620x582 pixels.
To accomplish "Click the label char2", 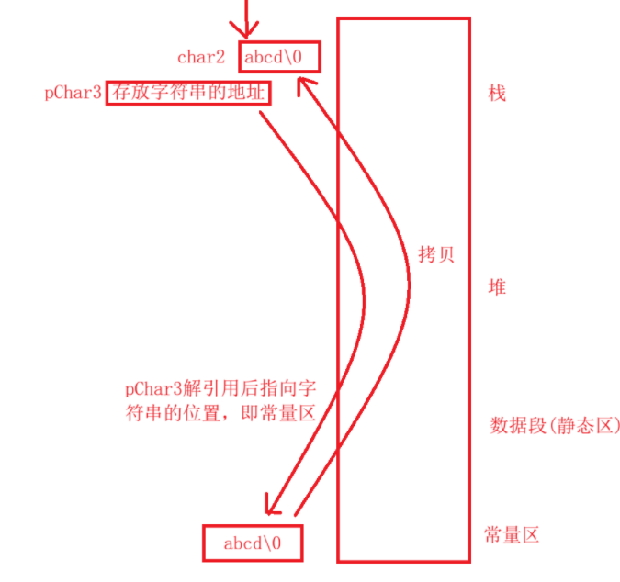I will point(200,57).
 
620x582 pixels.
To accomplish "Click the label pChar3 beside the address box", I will point(73,95).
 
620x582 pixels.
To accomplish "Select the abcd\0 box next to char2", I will point(280,56).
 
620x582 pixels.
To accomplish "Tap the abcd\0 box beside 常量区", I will point(252,543).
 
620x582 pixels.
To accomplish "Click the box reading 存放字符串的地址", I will point(188,95).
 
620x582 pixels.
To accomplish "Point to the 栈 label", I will point(497,94).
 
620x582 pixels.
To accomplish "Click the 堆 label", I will point(497,287).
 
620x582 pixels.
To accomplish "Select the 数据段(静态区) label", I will point(549,426).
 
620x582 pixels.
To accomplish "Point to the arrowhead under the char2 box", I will point(304,85).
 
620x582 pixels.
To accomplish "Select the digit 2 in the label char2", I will point(220,57).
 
